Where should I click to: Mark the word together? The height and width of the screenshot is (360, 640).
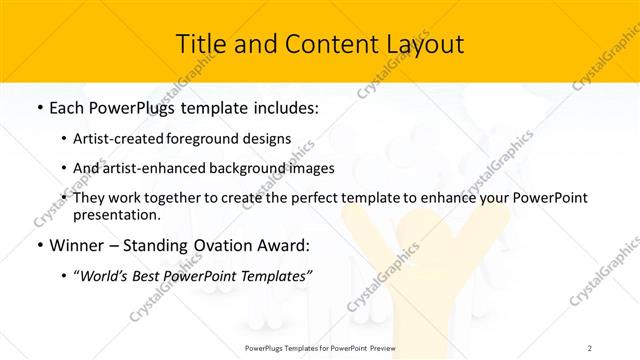187,198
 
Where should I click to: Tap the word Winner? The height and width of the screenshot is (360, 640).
76,244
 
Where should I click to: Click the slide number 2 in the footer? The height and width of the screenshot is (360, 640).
590,347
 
